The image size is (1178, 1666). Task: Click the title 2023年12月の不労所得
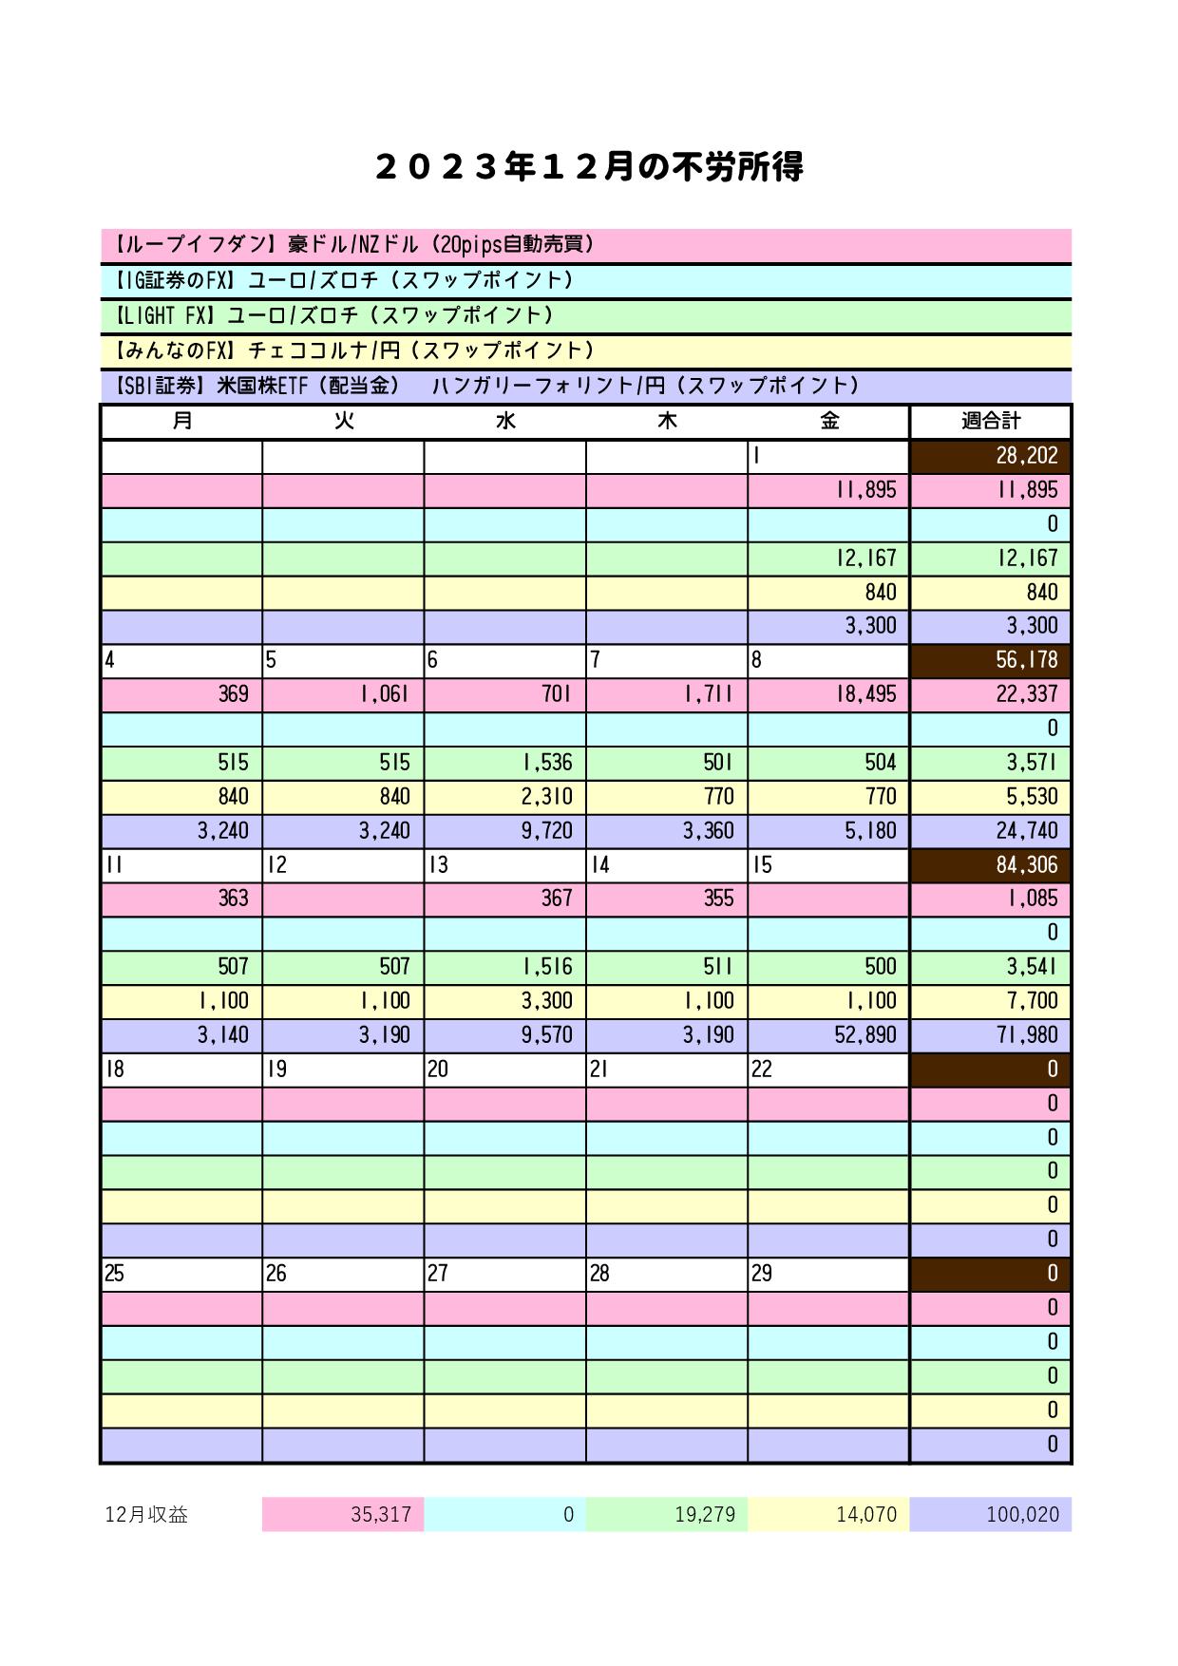click(589, 167)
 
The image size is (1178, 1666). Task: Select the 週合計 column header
click(990, 421)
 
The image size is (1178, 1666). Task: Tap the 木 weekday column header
click(667, 421)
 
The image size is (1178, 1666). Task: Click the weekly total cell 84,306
click(990, 865)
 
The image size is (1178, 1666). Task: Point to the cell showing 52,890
click(828, 1034)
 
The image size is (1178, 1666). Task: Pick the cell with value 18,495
click(828, 694)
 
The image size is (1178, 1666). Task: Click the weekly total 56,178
click(990, 660)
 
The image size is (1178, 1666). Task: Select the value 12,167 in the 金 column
click(828, 558)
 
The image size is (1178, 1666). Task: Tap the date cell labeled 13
click(504, 865)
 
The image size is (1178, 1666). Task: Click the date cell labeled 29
click(828, 1274)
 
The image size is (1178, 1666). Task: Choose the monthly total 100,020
click(990, 1514)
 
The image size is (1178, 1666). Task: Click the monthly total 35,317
click(343, 1514)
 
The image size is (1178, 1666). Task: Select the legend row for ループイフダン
click(586, 245)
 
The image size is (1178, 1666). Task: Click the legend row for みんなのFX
click(586, 350)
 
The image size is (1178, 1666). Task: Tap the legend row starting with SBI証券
click(586, 386)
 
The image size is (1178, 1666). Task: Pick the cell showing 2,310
click(504, 797)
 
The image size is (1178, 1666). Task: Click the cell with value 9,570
click(504, 1034)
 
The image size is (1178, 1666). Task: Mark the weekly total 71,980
click(990, 1034)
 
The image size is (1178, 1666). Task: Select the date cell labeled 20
click(504, 1070)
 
